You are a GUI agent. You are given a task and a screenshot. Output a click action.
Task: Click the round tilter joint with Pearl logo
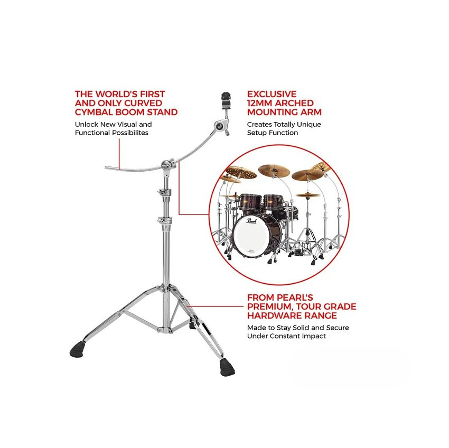pos(219,125)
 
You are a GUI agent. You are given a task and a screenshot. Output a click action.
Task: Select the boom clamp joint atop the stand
pos(166,165)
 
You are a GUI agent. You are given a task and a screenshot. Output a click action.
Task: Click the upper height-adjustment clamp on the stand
pos(164,192)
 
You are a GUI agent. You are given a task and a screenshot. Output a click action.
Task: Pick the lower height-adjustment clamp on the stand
pos(164,220)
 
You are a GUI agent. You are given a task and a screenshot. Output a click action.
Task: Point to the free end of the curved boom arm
pos(106,167)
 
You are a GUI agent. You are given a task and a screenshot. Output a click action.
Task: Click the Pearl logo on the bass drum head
pos(251,220)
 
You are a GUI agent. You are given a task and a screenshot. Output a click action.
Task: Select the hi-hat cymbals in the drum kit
pos(307,195)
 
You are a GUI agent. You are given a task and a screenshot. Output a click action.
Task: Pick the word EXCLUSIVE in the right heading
pos(272,94)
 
